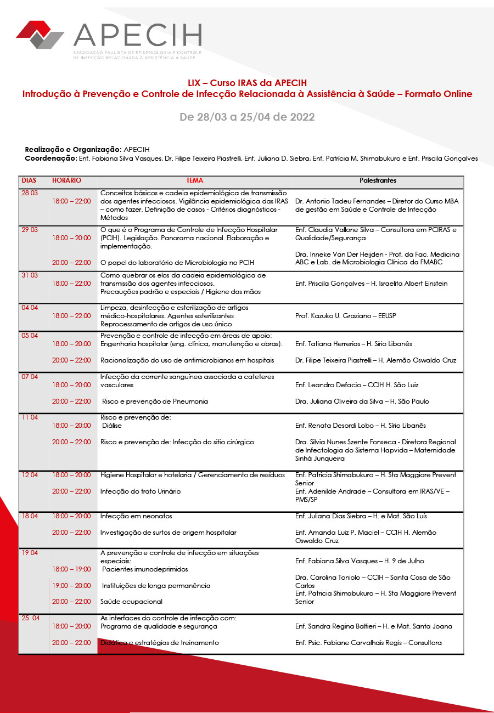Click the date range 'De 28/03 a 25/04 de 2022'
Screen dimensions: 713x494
click(x=247, y=117)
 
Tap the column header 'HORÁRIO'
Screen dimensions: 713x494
click(x=66, y=180)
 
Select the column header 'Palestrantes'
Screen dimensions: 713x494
click(x=378, y=180)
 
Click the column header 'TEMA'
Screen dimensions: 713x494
click(x=194, y=180)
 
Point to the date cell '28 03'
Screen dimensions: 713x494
click(x=30, y=193)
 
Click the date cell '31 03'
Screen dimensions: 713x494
click(x=30, y=275)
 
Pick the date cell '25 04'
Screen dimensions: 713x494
click(x=31, y=618)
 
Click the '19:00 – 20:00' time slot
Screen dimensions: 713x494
click(x=71, y=586)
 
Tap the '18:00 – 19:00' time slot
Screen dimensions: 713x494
click(x=71, y=569)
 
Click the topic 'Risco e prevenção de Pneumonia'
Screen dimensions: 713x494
click(x=155, y=401)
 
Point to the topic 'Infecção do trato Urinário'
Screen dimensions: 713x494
click(x=141, y=491)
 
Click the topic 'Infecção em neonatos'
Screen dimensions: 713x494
click(x=136, y=516)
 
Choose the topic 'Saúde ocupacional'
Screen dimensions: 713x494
click(x=132, y=602)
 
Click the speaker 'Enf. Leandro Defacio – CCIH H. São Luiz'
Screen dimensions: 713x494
click(x=357, y=385)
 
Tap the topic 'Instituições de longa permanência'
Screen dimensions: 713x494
click(x=156, y=586)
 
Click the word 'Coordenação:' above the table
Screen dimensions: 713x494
click(x=50, y=159)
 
